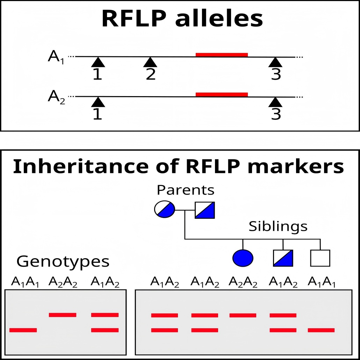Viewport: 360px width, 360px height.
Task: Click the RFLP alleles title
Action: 182,19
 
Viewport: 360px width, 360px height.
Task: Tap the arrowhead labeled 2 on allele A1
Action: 150,63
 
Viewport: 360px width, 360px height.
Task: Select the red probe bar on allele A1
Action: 222,55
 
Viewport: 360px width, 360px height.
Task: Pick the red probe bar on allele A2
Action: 222,94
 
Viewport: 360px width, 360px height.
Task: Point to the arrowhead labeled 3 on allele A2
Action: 276,102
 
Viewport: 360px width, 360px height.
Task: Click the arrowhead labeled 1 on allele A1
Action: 98,63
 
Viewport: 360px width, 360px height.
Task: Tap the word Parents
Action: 185,190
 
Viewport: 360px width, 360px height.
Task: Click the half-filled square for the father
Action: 205,210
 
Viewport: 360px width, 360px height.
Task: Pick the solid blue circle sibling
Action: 243,258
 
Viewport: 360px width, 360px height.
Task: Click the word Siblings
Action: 278,226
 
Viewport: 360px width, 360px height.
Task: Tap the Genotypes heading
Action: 63,261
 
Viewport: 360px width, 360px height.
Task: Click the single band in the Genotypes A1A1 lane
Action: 23,330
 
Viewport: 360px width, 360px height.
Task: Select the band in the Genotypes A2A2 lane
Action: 63,315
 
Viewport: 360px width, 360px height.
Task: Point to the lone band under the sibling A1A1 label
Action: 321,330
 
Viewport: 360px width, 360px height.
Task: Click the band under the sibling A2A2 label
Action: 243,315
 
